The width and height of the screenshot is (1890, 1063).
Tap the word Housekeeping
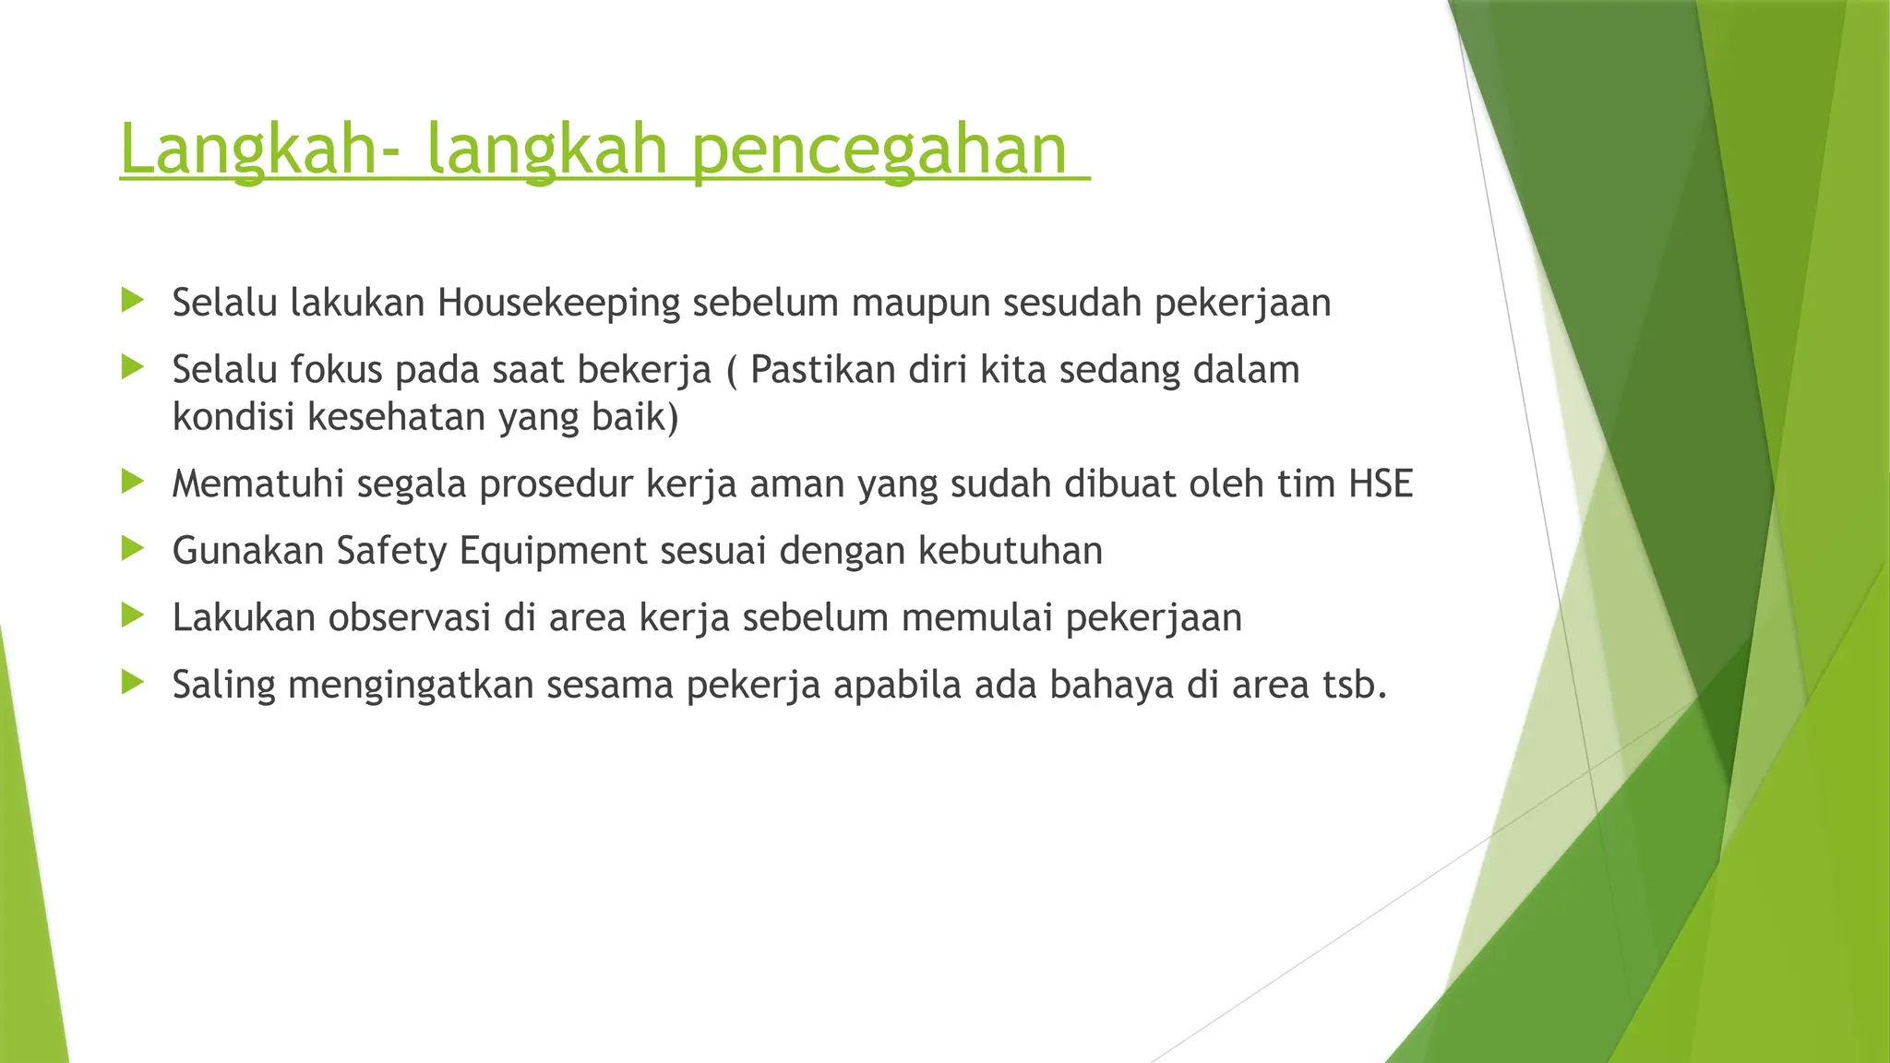558,304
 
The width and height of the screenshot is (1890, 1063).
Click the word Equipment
553,552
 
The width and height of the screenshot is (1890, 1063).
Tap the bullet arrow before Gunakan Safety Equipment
133,550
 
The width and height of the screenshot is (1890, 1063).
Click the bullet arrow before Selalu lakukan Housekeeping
133,300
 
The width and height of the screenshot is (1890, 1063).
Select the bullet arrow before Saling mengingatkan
133,683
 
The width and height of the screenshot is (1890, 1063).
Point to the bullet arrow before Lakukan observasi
133,615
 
